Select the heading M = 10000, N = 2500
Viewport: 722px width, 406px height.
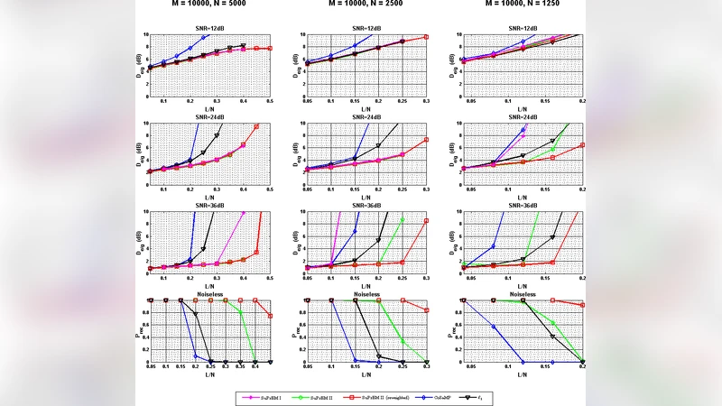(x=366, y=5)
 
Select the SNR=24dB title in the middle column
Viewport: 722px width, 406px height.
(x=366, y=117)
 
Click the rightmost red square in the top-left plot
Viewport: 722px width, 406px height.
(x=257, y=48)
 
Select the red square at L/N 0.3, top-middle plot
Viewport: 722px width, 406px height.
(x=426, y=37)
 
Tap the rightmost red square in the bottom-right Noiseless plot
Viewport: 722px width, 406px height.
(x=582, y=305)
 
